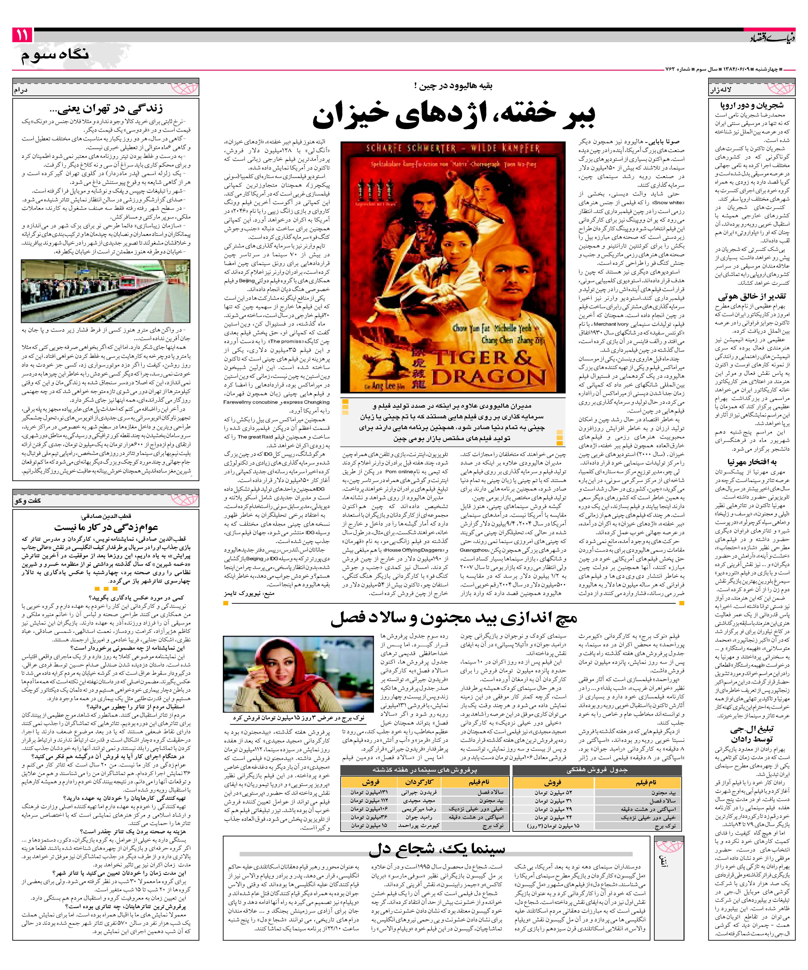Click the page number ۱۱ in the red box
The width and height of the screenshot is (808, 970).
[x=22, y=35]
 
